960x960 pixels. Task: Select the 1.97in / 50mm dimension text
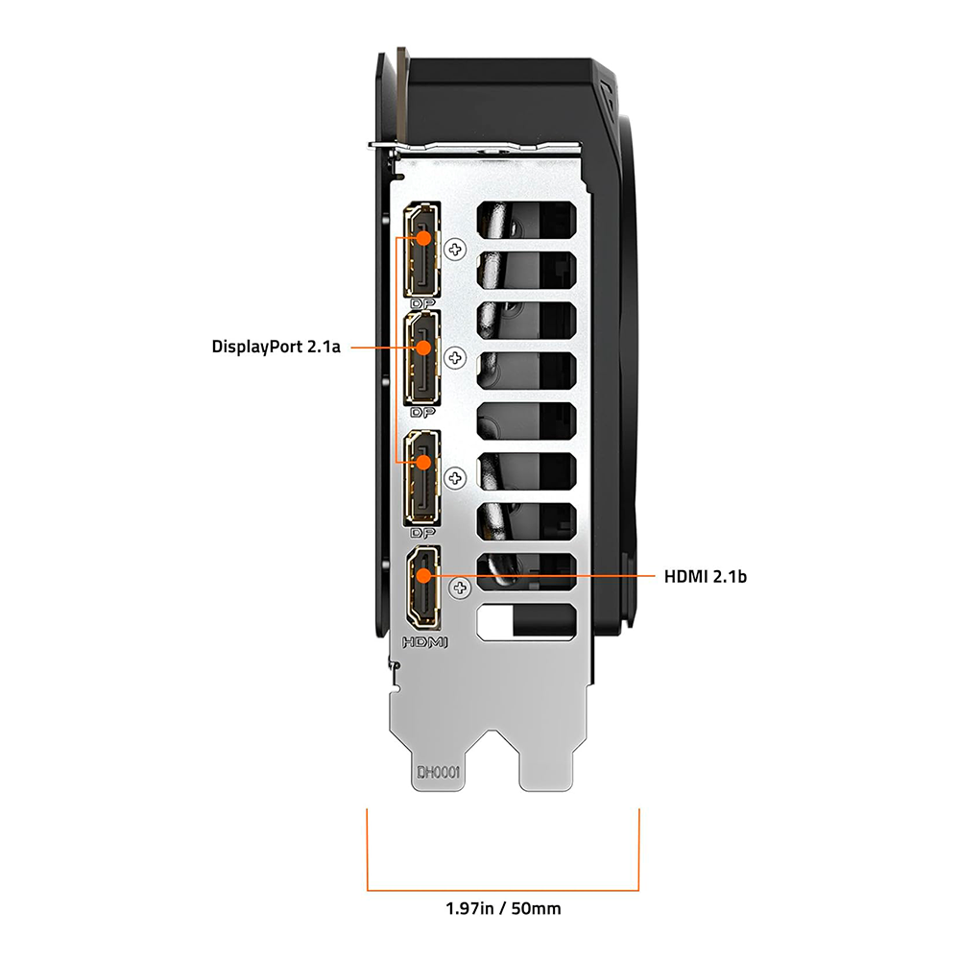tap(503, 907)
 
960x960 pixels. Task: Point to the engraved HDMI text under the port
tap(422, 641)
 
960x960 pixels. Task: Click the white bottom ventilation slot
tap(525, 621)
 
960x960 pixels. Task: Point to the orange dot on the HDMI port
tap(422, 576)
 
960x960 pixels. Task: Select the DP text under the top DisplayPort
tap(420, 303)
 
